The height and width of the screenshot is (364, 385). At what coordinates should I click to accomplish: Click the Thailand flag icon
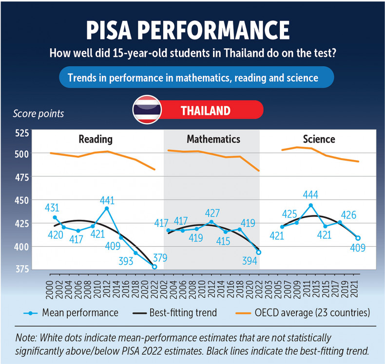point(148,109)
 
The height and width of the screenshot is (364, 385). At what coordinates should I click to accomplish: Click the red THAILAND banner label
point(205,110)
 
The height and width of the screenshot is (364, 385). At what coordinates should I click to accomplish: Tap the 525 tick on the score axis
point(22,132)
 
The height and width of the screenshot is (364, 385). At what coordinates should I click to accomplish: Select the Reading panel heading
point(96,139)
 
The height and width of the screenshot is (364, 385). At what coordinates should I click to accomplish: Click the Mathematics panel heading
point(213,139)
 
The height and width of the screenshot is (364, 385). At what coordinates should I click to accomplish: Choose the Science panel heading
point(319,139)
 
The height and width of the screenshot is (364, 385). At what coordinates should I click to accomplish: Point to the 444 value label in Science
point(310,195)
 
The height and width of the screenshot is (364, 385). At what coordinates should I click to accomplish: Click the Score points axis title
point(38,114)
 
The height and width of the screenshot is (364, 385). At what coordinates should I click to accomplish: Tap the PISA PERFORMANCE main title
point(188,30)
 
